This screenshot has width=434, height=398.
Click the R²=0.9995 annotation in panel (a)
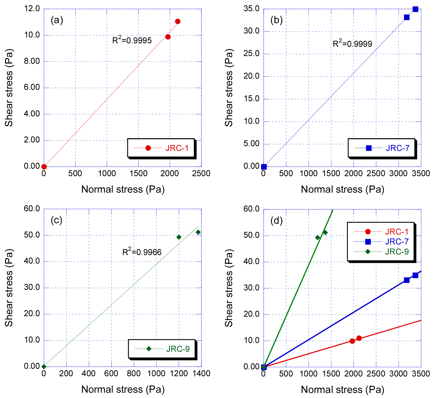click(x=132, y=40)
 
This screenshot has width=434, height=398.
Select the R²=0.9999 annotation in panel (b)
click(x=352, y=44)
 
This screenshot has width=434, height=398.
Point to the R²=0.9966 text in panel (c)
click(x=142, y=252)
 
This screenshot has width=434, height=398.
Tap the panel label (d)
click(x=276, y=220)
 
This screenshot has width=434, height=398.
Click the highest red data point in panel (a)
click(x=178, y=22)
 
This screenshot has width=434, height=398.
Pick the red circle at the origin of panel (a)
click(x=44, y=167)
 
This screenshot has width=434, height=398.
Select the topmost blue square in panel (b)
click(x=415, y=9)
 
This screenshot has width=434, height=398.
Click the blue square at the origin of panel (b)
click(x=264, y=167)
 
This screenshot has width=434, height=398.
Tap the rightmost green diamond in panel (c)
click(x=198, y=232)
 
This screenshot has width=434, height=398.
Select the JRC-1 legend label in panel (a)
click(x=177, y=148)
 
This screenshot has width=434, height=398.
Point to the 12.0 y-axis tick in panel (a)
click(x=32, y=9)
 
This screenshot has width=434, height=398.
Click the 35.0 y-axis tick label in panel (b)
click(x=251, y=9)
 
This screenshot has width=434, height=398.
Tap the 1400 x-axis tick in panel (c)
click(x=201, y=374)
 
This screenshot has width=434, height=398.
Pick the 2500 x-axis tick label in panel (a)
click(x=201, y=173)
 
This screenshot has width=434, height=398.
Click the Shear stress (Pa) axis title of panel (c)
click(x=9, y=287)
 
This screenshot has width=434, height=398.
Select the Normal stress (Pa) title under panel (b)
click(x=342, y=189)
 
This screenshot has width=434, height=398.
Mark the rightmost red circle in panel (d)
click(x=359, y=338)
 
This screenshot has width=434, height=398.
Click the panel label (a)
click(x=57, y=20)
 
